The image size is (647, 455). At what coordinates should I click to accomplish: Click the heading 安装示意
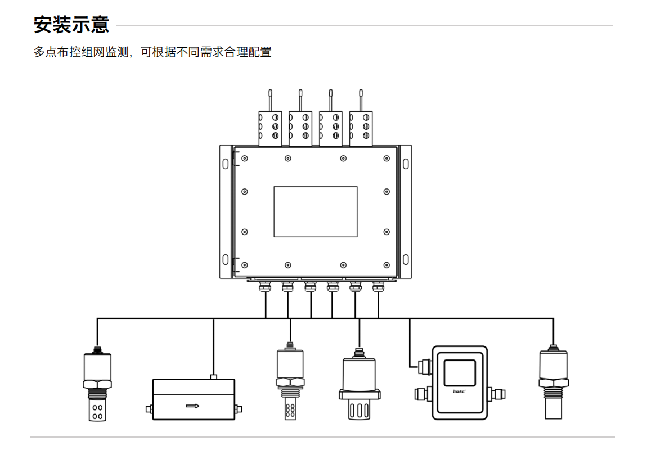click(x=71, y=25)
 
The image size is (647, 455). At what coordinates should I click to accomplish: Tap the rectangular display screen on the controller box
click(x=316, y=211)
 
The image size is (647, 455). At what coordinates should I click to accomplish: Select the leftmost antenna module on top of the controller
click(x=269, y=128)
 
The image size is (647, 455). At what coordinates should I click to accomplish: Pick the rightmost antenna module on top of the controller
click(x=361, y=128)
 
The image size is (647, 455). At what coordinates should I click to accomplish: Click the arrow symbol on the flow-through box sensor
click(x=192, y=405)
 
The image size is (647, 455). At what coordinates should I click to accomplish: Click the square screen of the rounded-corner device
click(x=459, y=372)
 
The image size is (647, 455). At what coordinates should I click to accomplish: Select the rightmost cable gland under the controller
click(x=378, y=287)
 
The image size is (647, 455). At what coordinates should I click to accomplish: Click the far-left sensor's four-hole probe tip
click(x=97, y=411)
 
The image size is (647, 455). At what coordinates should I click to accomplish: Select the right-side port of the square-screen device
click(x=498, y=392)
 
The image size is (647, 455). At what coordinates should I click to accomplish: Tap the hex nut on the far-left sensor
click(x=97, y=384)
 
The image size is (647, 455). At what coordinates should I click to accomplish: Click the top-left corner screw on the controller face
click(x=245, y=159)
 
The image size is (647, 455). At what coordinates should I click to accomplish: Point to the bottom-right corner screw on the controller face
click(x=387, y=264)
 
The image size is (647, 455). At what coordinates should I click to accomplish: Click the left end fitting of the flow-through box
click(x=149, y=409)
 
